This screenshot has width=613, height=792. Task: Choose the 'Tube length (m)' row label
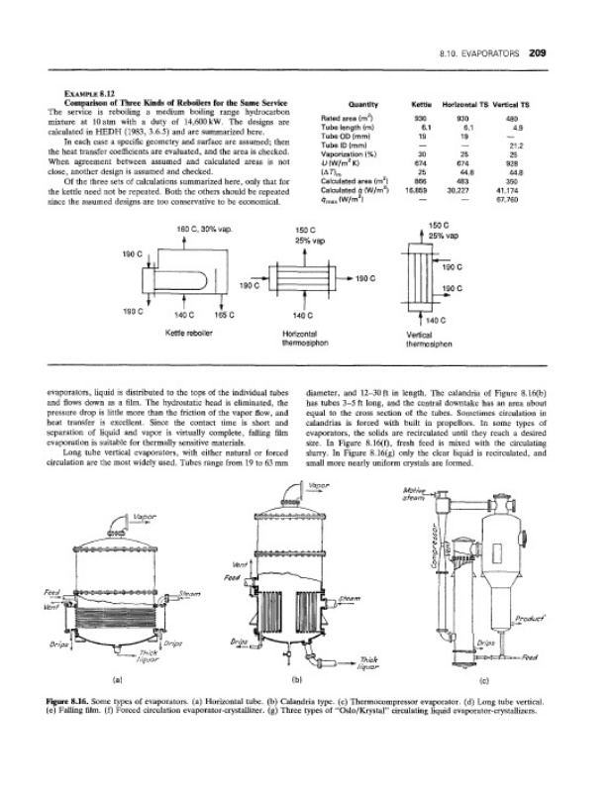(x=345, y=128)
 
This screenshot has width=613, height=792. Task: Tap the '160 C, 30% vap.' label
(x=203, y=230)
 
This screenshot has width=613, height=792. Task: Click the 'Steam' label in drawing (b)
(x=350, y=598)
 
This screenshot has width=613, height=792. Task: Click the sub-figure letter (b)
(x=296, y=680)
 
